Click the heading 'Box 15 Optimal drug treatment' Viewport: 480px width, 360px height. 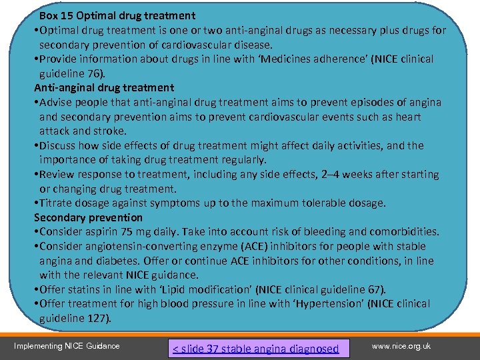pos(117,15)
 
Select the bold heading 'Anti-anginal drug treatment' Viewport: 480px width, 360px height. pos(104,87)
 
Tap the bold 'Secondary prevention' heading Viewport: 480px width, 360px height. pos(88,217)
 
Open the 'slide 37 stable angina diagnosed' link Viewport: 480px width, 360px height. pos(256,348)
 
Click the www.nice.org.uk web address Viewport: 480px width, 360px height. pos(401,345)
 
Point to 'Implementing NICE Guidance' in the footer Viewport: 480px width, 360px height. pos(67,345)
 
